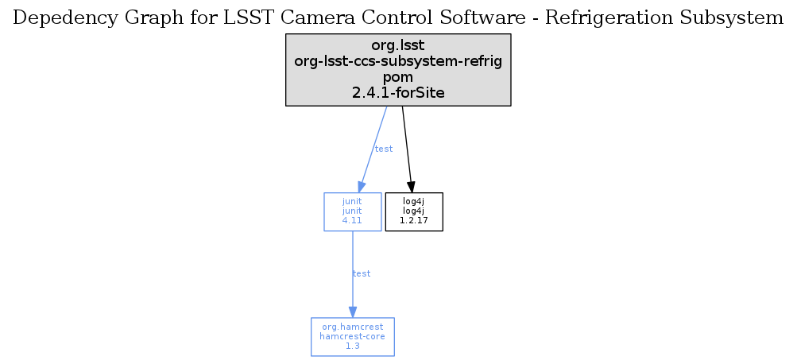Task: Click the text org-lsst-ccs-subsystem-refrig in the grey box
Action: coord(398,61)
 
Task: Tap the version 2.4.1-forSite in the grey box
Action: coord(398,93)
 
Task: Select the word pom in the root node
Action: coord(398,78)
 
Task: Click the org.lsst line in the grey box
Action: coord(398,45)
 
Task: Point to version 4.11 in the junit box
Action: coord(352,221)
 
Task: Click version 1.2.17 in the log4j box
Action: coord(414,221)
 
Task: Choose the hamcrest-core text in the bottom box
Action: coord(352,336)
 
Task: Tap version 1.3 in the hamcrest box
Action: coord(352,346)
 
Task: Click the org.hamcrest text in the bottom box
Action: coord(352,327)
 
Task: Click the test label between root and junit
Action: coord(384,149)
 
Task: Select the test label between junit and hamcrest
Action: coord(362,273)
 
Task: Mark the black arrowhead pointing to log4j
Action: coord(411,187)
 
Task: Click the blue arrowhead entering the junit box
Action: coord(362,187)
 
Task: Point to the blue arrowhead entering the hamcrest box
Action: coord(352,312)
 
